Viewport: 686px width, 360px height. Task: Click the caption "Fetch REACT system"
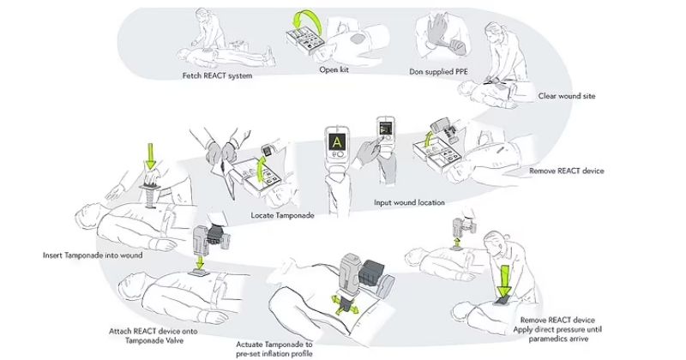pyautogui.click(x=217, y=75)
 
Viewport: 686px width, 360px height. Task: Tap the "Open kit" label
pyautogui.click(x=334, y=69)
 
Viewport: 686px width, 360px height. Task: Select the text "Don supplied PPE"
pyautogui.click(x=438, y=71)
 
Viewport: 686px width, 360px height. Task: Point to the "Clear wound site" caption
pyautogui.click(x=567, y=96)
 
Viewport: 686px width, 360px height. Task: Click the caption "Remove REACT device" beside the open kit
pyautogui.click(x=567, y=171)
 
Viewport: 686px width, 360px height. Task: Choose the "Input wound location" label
pyautogui.click(x=409, y=202)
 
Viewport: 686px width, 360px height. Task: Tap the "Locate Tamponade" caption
pyautogui.click(x=282, y=215)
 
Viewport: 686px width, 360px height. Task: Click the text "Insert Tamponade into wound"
pyautogui.click(x=93, y=255)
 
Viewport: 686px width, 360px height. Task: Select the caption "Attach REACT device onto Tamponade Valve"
pyautogui.click(x=153, y=335)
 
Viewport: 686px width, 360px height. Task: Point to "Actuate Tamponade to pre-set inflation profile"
pyautogui.click(x=274, y=349)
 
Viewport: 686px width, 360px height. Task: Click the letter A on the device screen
pyautogui.click(x=337, y=141)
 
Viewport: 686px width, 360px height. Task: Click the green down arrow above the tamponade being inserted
pyautogui.click(x=151, y=158)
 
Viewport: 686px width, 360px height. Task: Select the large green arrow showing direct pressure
pyautogui.click(x=504, y=280)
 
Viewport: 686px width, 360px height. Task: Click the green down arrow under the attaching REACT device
pyautogui.click(x=201, y=262)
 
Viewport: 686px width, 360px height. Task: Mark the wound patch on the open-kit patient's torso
pyautogui.click(x=358, y=39)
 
